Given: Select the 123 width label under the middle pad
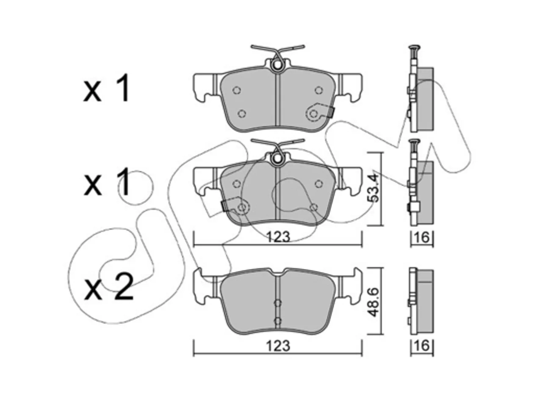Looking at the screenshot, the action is click(278, 237).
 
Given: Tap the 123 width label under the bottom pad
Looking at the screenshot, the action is click(278, 346).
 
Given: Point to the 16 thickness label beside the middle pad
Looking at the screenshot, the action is click(422, 237).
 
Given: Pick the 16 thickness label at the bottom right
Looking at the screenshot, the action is click(422, 346).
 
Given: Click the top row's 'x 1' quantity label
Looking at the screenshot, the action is click(106, 88).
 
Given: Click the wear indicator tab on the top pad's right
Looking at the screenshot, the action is click(331, 113).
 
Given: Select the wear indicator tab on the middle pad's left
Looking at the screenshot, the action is click(225, 206).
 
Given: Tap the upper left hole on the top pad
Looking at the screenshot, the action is click(237, 90).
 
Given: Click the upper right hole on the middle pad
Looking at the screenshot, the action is click(319, 184).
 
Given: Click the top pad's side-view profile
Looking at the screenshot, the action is click(420, 89).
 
